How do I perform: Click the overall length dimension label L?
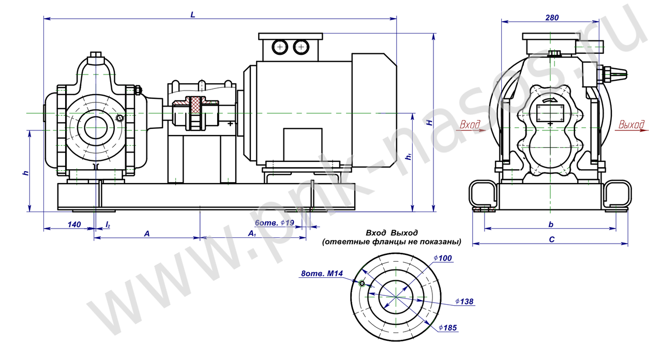193,14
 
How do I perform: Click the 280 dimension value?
552,18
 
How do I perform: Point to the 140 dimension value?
74,224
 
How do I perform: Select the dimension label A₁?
252,234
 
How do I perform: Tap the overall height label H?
430,123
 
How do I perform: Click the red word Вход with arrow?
472,126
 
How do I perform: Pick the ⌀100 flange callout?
443,258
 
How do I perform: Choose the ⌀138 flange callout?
464,302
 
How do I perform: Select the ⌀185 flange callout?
448,328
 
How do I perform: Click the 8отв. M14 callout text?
322,274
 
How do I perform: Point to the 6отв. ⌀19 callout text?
274,222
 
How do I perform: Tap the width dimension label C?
551,239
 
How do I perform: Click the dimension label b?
551,224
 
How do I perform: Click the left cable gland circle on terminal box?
280,47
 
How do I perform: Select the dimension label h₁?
409,156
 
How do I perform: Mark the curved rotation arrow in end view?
549,101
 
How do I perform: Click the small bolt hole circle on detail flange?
362,284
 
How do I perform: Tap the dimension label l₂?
108,224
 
